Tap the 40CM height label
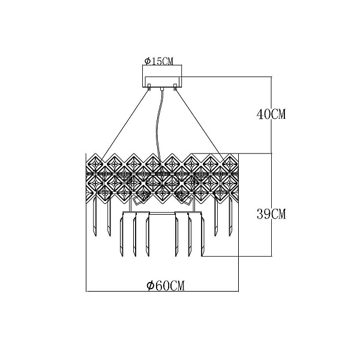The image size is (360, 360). pyautogui.click(x=271, y=114)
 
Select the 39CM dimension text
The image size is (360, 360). pyautogui.click(x=271, y=214)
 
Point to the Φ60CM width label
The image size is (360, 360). pyautogui.click(x=166, y=286)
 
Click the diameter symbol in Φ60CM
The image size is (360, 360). pyautogui.click(x=151, y=286)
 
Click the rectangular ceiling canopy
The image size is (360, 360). pyautogui.click(x=162, y=82)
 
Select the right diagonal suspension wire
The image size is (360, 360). pyautogui.click(x=200, y=125)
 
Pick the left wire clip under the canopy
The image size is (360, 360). pyautogui.click(x=149, y=87)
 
